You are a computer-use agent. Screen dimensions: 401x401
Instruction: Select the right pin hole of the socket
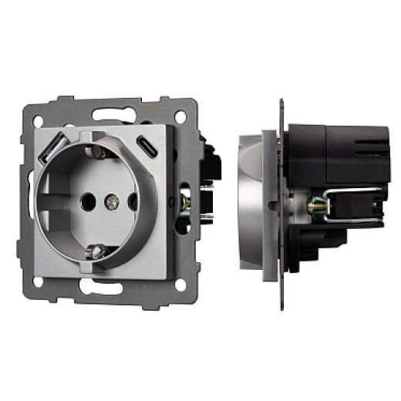coord(133,202)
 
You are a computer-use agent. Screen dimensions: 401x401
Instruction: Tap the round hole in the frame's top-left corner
coord(48,118)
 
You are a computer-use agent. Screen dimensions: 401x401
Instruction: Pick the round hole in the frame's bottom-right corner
coord(180,285)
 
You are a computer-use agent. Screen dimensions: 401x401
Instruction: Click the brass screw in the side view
coord(315,206)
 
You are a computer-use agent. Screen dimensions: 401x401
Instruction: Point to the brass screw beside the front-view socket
coord(185,201)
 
